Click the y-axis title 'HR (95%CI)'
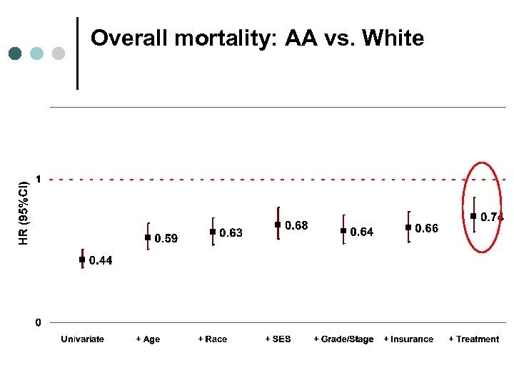(24, 212)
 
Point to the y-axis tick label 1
(39, 178)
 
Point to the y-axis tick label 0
(39, 323)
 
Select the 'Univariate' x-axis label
(82, 339)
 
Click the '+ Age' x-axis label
(148, 339)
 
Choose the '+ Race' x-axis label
(213, 339)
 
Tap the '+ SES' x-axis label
(278, 339)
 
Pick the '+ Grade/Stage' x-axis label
(343, 339)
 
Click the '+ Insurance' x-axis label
(408, 339)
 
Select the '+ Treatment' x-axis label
(473, 339)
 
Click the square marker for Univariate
(82, 260)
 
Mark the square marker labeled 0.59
(148, 237)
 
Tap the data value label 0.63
(231, 232)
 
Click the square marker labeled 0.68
(278, 225)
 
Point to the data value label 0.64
(361, 232)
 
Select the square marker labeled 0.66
(408, 227)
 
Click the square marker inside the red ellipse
(473, 216)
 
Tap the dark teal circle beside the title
(15, 53)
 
